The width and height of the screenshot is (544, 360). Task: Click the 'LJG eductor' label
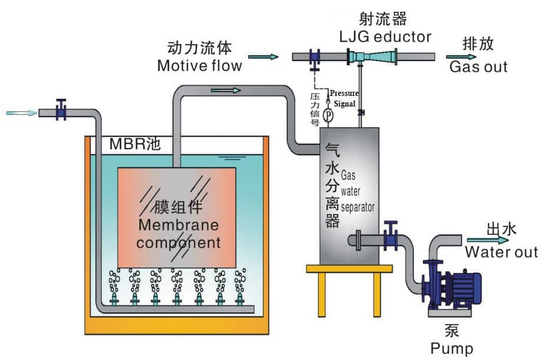point(385,36)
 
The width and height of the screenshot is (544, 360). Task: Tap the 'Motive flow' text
point(199,65)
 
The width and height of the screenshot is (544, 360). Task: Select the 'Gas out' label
point(478,66)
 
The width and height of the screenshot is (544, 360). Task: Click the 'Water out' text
point(501,252)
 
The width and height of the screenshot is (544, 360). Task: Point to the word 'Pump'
point(451,348)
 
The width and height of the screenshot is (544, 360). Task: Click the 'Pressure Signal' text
point(343,98)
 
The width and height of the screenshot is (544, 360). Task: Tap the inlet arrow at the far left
point(19,112)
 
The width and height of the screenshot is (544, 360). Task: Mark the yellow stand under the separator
point(349,288)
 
